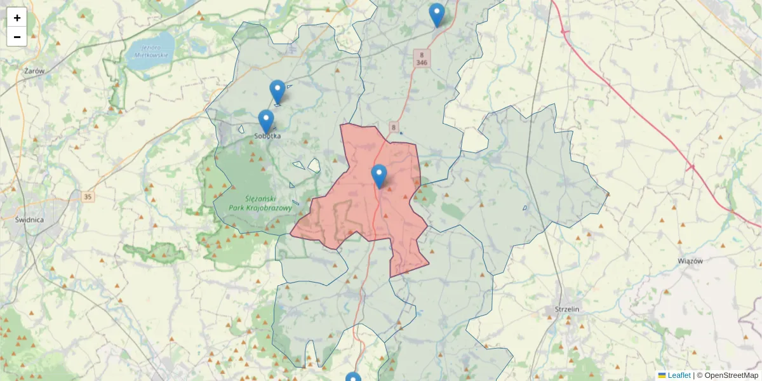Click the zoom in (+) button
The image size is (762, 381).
[17, 18]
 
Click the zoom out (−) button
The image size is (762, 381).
[17, 37]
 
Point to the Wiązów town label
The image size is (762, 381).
[691, 261]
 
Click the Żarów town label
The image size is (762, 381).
[34, 71]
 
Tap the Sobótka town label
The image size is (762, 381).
[267, 136]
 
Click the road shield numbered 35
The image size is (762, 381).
[87, 197]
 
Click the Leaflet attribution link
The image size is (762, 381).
[678, 375]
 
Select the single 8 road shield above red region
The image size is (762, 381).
[394, 128]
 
